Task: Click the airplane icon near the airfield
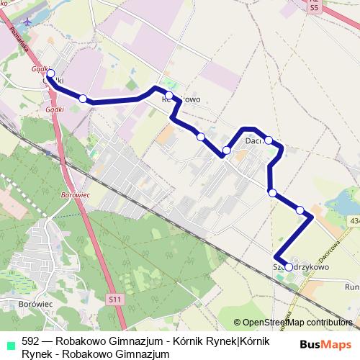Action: tap(27, 20)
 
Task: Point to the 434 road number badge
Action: tap(354, 220)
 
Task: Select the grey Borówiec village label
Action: tap(30, 304)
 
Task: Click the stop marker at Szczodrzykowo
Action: tap(289, 267)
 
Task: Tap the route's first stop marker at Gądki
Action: tap(50, 73)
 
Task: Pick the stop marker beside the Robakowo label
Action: tap(169, 96)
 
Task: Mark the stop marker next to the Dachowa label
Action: tap(268, 140)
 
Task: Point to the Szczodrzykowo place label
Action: tap(301, 266)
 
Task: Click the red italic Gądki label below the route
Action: tap(55, 109)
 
